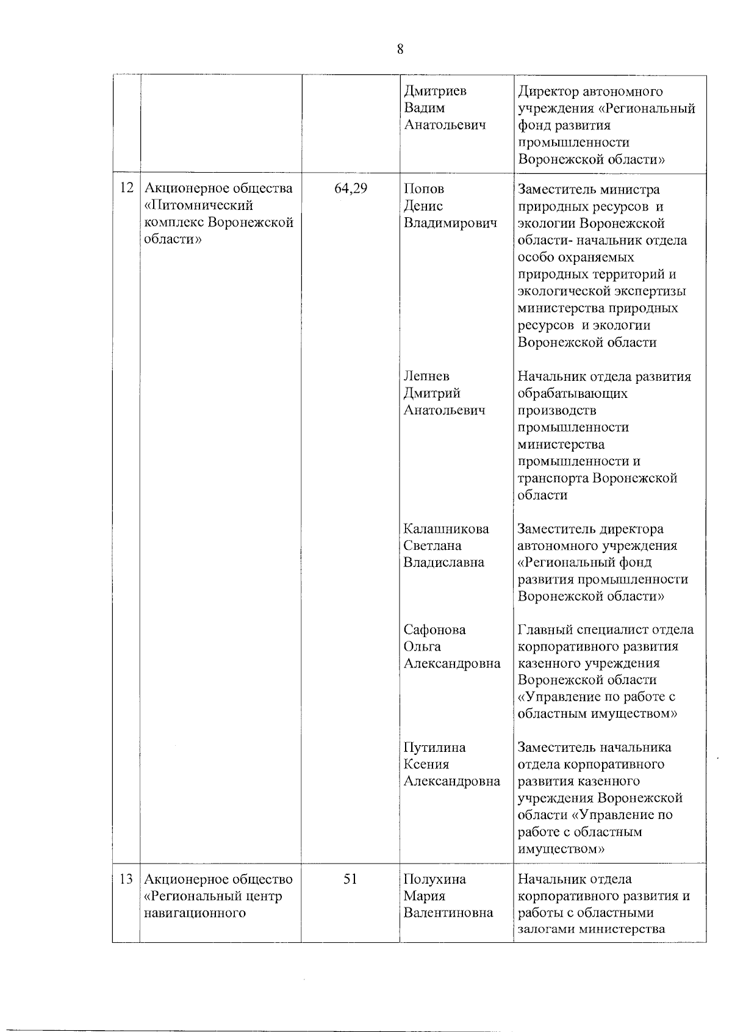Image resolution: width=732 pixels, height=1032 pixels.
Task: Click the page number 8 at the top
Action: point(400,49)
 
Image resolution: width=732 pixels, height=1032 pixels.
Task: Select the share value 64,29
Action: point(351,189)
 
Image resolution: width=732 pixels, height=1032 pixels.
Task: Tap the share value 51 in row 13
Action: point(350,879)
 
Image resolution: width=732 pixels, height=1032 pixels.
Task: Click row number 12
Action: point(126,188)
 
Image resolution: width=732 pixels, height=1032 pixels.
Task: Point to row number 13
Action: point(126,879)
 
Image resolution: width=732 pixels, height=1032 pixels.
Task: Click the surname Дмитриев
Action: point(435,91)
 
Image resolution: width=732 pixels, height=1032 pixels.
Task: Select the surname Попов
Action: point(424,189)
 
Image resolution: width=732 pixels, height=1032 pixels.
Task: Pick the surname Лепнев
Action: point(426,376)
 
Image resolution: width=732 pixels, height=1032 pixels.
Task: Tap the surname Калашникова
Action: point(446,529)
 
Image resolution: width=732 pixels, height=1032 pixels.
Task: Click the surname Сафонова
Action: point(434,629)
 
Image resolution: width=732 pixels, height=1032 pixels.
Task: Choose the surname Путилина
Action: point(434,747)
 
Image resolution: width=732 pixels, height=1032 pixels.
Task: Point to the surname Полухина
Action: point(434,879)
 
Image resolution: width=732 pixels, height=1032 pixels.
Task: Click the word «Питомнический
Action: point(198,205)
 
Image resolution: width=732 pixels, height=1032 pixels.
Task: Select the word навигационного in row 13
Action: point(195,913)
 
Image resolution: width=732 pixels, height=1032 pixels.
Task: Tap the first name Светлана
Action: point(432,546)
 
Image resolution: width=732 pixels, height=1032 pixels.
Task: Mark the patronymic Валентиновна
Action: point(448,913)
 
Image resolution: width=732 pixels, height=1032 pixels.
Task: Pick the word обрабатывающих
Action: point(572,393)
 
